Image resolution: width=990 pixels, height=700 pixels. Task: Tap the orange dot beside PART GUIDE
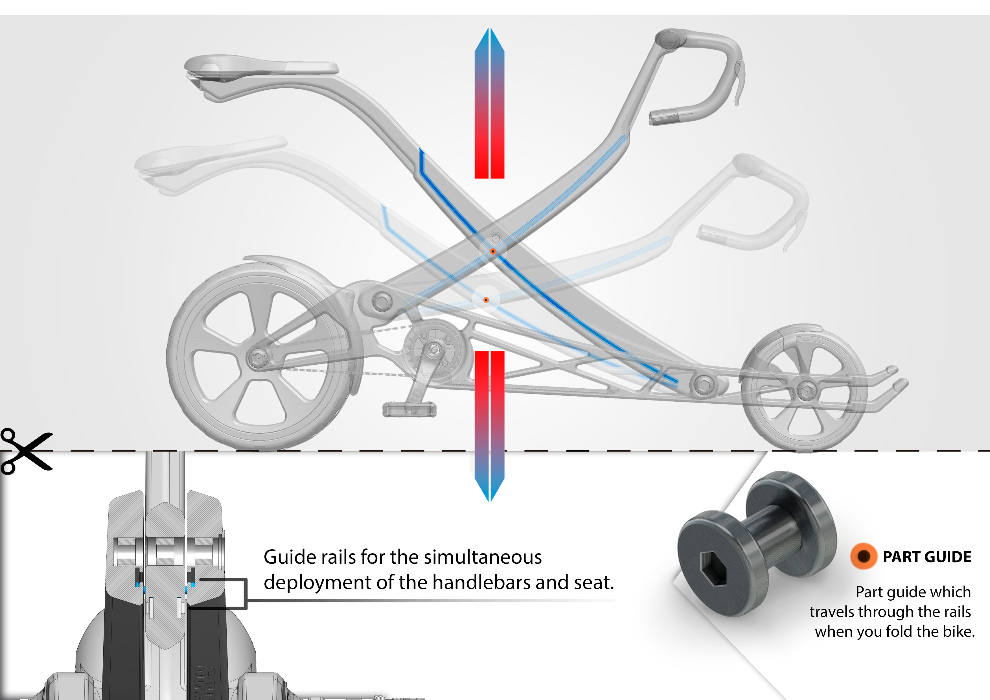(864, 556)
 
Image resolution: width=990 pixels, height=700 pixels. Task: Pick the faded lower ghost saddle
(207, 159)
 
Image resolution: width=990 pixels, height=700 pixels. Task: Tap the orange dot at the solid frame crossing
(493, 251)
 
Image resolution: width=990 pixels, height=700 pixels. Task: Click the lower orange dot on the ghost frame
(486, 300)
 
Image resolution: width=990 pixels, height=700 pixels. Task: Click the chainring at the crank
(435, 349)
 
